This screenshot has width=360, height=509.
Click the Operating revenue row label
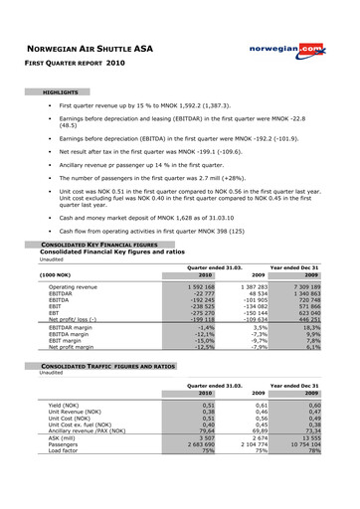(x=76, y=286)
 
